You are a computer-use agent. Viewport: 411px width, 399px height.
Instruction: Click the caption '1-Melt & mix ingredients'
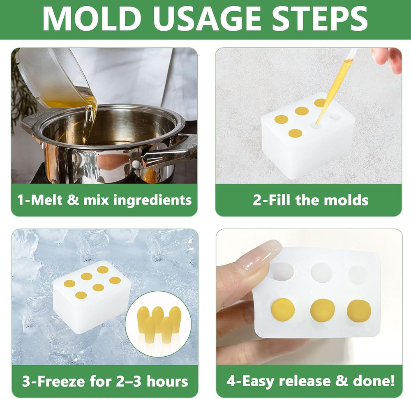pos(104,200)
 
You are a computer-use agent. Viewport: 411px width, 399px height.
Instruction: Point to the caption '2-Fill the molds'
pos(310,200)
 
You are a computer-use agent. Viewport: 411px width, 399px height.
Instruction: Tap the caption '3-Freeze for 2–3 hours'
pos(105,381)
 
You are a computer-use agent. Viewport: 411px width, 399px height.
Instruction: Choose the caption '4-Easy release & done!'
pos(310,381)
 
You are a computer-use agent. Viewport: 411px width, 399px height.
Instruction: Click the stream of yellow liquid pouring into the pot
pos(90,119)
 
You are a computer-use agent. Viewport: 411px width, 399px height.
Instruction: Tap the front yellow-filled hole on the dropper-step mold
pos(295,133)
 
